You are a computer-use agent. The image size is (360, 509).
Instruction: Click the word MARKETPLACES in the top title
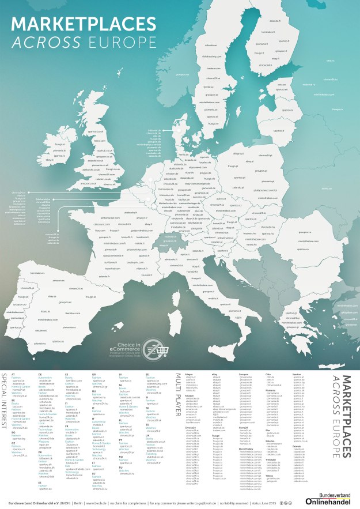point(78,24)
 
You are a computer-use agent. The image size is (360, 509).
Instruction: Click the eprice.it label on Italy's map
point(185,254)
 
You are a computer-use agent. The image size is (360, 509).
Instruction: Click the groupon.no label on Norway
point(183,74)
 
